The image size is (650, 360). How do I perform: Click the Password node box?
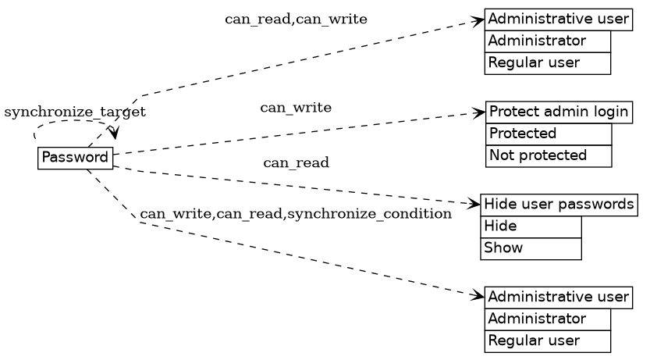pyautogui.click(x=75, y=158)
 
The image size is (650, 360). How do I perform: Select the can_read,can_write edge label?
pyautogui.click(x=296, y=19)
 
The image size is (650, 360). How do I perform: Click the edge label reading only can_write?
pyautogui.click(x=296, y=107)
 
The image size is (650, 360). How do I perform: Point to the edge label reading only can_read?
pyautogui.click(x=296, y=162)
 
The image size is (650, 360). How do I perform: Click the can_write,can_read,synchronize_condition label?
pyautogui.click(x=296, y=213)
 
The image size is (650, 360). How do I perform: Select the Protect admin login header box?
pyautogui.click(x=559, y=112)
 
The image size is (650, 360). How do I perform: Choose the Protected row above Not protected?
pyautogui.click(x=549, y=134)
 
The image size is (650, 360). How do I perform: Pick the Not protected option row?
pyautogui.click(x=549, y=155)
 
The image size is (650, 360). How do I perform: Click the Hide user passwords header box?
pyautogui.click(x=559, y=205)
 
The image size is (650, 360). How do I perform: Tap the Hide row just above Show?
pyautogui.click(x=531, y=226)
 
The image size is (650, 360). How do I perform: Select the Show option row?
pyautogui.click(x=531, y=248)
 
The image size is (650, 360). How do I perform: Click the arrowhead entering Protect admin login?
pyautogui.click(x=481, y=113)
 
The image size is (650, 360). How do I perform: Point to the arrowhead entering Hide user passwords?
pyautogui.click(x=475, y=204)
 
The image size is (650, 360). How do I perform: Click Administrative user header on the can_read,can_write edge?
pyautogui.click(x=558, y=19)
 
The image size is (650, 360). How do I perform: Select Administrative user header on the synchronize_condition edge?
pyautogui.click(x=558, y=297)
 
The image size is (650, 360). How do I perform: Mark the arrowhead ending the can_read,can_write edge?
pyautogui.click(x=479, y=20)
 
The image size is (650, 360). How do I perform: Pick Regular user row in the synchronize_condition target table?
pyautogui.click(x=548, y=340)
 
